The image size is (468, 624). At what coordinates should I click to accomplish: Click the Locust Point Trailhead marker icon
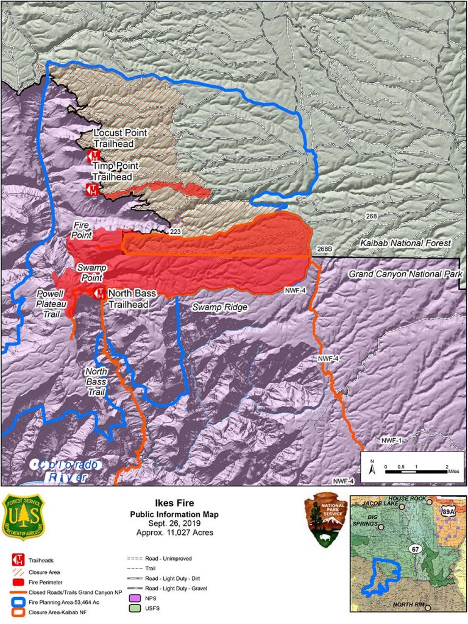(93, 155)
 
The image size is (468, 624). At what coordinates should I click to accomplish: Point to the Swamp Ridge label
(219, 308)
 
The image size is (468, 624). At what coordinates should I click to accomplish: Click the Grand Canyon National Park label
(405, 274)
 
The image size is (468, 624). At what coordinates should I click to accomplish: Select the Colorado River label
(66, 470)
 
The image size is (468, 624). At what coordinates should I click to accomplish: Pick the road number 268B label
(327, 249)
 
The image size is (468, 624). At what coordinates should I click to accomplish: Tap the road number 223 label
(175, 232)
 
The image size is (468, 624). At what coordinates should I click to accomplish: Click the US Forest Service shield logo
(23, 517)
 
